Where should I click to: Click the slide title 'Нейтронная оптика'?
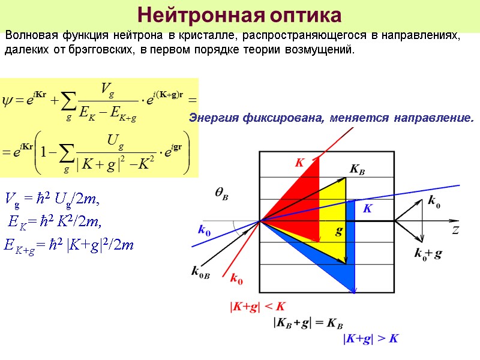[239, 14]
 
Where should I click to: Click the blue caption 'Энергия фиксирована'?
[259, 118]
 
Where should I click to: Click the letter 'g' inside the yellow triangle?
[338, 230]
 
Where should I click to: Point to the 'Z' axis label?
[455, 229]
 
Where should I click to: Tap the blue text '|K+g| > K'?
[370, 339]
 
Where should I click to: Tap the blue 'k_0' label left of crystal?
[204, 229]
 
